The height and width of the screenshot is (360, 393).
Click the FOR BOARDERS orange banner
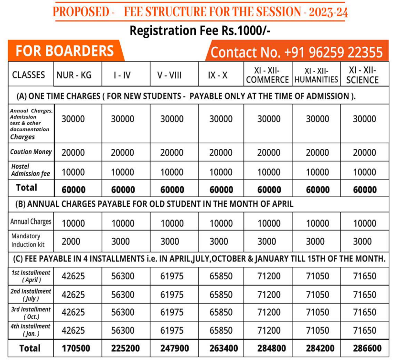[x=65, y=51]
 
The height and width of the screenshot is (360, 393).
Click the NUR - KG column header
[x=74, y=74]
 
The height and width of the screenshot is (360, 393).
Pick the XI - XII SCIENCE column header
[x=362, y=74]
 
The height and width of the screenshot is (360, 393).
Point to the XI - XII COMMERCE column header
[x=267, y=74]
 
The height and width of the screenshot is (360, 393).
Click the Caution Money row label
[x=31, y=152]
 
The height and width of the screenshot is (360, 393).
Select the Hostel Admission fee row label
[x=31, y=170]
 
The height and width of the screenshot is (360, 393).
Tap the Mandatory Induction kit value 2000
[x=71, y=241]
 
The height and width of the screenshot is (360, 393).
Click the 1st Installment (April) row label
[x=31, y=276]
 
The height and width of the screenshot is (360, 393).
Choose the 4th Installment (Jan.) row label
[x=31, y=330]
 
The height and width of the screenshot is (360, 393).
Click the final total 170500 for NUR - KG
[x=75, y=349]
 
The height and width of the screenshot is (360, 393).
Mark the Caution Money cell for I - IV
[x=122, y=152]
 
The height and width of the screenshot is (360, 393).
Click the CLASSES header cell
[x=29, y=75]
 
